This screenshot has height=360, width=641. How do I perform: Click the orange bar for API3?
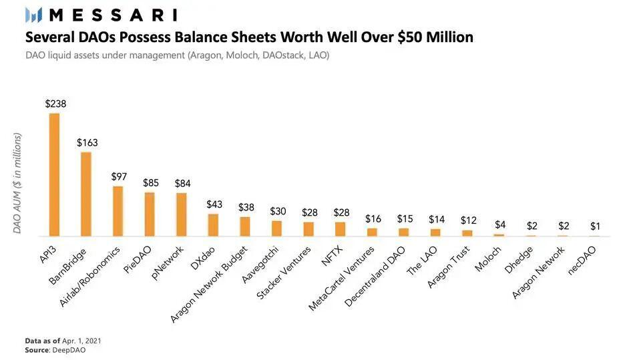[x=54, y=175]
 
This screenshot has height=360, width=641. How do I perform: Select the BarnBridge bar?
[x=86, y=194]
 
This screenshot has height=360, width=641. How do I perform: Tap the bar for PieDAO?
[x=150, y=214]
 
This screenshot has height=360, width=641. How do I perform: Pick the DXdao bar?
[x=213, y=225]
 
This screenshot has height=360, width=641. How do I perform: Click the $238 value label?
[x=55, y=104]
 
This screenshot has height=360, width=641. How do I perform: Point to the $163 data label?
[x=87, y=143]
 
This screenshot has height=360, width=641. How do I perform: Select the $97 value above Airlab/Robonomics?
[x=119, y=177]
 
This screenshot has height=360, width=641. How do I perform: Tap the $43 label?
[x=214, y=204]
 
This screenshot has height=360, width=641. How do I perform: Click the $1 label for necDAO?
[x=595, y=226]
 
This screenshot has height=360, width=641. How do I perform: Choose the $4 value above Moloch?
[x=500, y=224]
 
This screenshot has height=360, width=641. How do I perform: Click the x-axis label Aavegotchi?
[x=260, y=264]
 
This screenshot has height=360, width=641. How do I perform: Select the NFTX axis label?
[x=332, y=256]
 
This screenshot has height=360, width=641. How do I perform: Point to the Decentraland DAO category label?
[x=375, y=277]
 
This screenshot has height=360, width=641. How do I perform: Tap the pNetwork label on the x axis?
[x=167, y=263]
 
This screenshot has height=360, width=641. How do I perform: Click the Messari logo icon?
[x=33, y=15]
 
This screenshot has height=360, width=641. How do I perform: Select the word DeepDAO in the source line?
[x=69, y=350]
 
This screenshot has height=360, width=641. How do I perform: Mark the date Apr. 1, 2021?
[x=81, y=341]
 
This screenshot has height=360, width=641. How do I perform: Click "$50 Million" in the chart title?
[x=435, y=37]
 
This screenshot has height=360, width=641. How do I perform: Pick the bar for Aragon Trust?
[x=467, y=233]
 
